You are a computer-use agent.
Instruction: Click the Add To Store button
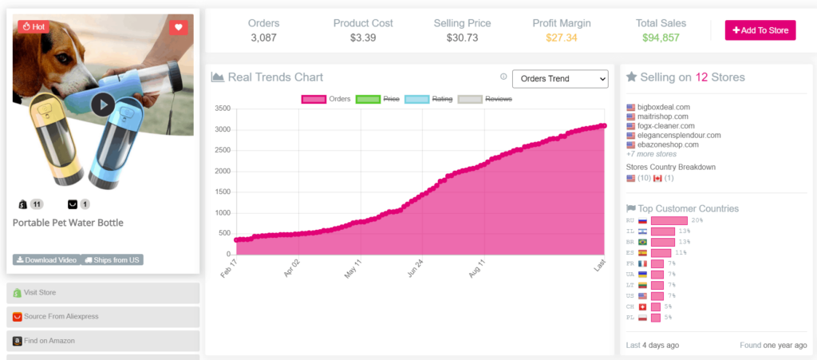[x=760, y=30]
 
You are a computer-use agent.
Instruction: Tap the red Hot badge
[x=34, y=26]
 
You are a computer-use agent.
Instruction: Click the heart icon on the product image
[x=179, y=26]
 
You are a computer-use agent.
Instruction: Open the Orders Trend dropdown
[x=559, y=78]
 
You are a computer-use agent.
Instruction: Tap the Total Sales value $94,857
[x=661, y=38]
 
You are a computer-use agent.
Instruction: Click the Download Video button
[x=45, y=259]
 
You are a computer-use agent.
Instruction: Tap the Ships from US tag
[x=112, y=259]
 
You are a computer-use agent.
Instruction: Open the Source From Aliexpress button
[x=102, y=316]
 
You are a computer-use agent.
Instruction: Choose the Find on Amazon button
[x=102, y=341]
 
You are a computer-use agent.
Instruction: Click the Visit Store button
[x=102, y=293]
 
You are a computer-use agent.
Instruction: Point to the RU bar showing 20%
[x=669, y=220]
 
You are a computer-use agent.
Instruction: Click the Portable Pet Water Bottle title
[x=68, y=223]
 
